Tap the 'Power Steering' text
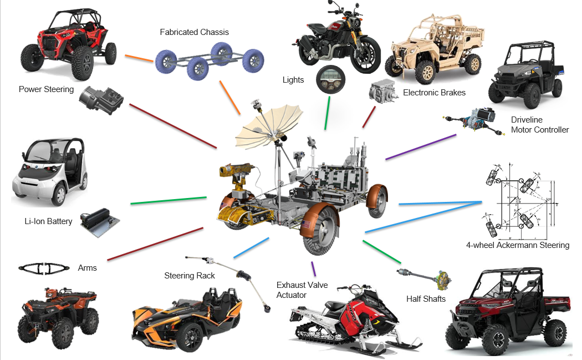(46, 89)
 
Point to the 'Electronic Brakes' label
(434, 93)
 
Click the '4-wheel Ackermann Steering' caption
(518, 245)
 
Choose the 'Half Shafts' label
(426, 299)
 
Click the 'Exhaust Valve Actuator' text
(302, 290)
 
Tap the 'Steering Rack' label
(190, 276)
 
